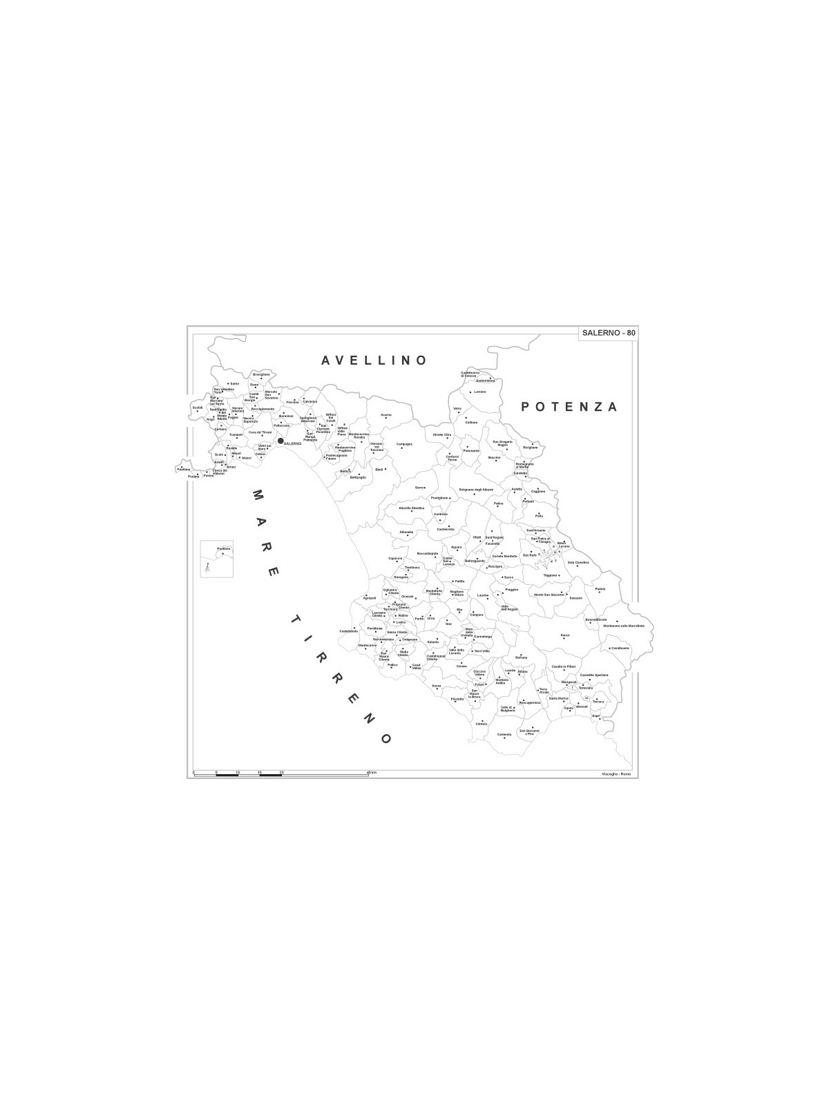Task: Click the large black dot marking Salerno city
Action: [x=280, y=440]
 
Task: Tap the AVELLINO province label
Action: [x=374, y=361]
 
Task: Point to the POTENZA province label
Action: [x=569, y=407]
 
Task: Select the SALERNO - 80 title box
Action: [x=608, y=333]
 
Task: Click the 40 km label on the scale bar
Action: [x=371, y=772]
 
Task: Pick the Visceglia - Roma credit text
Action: [x=616, y=773]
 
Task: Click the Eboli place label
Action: [x=379, y=470]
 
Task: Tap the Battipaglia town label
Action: [x=358, y=477]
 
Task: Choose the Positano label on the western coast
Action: [x=183, y=470]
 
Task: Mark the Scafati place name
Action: [x=198, y=407]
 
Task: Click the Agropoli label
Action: [x=370, y=598]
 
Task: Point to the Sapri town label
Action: [x=595, y=715]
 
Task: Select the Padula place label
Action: [x=600, y=589]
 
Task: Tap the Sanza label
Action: [x=565, y=635]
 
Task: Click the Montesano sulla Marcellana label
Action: [x=623, y=626]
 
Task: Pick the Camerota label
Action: [x=504, y=734]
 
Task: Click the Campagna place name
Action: [x=404, y=444]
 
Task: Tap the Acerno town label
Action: [x=386, y=415]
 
